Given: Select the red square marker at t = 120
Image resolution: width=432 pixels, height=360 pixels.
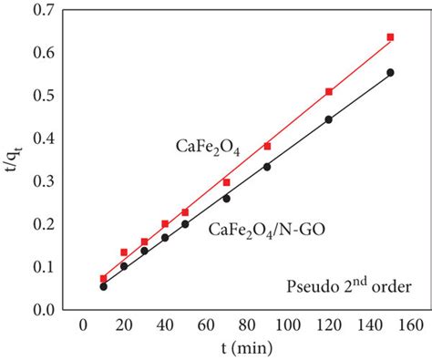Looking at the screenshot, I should (x=329, y=92).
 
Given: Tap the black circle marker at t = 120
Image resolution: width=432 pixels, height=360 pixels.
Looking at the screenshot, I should (x=329, y=119).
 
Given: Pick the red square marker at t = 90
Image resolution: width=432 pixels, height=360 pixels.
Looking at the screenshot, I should (x=267, y=146).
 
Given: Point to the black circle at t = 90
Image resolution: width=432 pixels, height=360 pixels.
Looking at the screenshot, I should (x=267, y=167).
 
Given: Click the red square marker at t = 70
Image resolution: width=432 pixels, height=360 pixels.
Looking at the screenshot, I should (x=226, y=182).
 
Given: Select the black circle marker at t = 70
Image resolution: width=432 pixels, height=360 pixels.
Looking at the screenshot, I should (x=226, y=199).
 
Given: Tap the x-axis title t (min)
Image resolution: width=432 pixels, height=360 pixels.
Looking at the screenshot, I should (x=236, y=349).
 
